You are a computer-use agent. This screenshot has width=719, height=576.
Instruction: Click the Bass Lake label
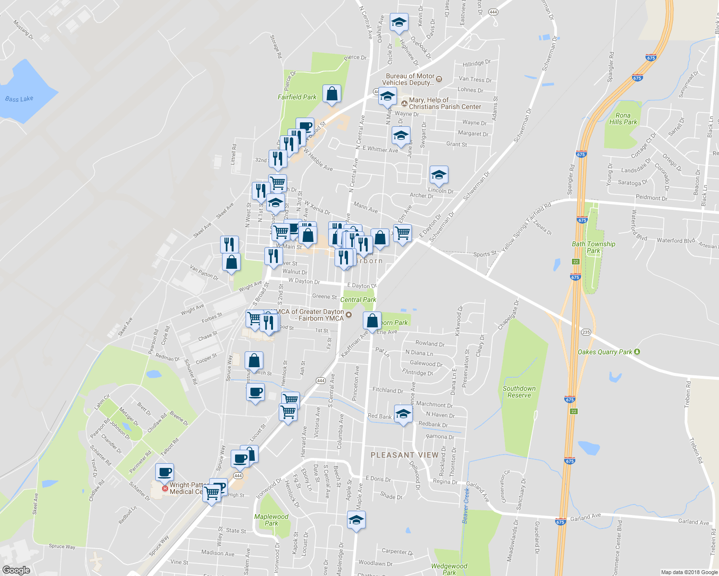tap(19, 99)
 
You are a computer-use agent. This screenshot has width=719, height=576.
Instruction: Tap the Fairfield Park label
tap(297, 97)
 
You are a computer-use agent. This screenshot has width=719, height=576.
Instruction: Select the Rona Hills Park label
tap(623, 119)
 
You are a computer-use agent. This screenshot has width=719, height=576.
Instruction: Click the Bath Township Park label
tap(594, 247)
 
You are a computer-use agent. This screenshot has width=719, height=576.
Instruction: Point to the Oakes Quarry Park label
tap(605, 352)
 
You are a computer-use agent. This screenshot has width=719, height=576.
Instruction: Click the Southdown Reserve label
tap(519, 392)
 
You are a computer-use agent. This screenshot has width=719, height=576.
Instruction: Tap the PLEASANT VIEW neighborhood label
tap(404, 455)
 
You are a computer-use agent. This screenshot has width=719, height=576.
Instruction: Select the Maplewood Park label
tap(271, 520)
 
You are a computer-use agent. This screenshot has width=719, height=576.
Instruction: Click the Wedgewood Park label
tap(449, 569)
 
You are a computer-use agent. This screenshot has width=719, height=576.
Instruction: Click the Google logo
tap(16, 570)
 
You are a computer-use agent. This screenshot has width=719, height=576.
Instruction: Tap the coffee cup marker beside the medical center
tap(164, 472)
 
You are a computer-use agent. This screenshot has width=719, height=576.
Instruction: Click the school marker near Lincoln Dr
tap(438, 175)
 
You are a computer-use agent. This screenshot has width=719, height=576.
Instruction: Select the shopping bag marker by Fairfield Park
tap(332, 94)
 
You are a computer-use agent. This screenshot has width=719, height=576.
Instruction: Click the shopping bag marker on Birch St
tap(254, 361)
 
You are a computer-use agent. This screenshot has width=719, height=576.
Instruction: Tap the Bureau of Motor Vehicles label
tap(410, 79)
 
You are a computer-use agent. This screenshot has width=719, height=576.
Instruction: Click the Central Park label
tap(358, 300)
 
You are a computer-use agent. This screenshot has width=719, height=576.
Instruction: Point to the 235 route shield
tap(585, 332)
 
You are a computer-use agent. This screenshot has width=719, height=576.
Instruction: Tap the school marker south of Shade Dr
tap(356, 520)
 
